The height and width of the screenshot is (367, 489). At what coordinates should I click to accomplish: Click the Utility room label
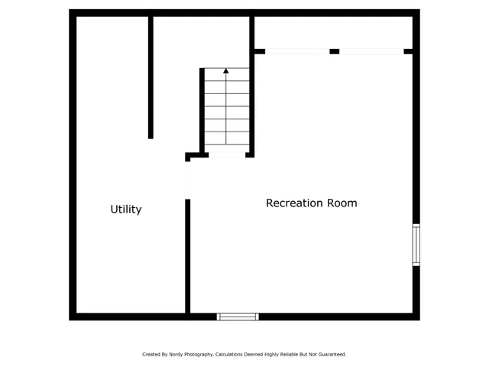pos(126,209)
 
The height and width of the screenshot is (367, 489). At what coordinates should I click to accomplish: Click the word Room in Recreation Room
pos(342,203)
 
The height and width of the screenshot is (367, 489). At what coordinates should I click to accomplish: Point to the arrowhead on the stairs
pos(226,71)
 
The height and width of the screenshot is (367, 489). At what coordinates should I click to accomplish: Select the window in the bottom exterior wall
pos(238,317)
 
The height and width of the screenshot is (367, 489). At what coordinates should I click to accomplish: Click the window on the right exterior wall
pos(416,245)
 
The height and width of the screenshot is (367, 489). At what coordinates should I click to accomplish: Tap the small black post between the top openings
pos(335,51)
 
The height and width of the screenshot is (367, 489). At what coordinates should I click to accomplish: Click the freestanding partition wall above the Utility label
pos(151,76)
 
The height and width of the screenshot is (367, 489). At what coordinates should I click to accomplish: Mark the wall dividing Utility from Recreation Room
pos(187,256)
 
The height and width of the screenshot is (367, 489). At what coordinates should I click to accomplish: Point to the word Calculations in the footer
pos(232,355)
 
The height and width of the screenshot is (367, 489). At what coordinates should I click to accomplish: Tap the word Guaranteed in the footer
pos(330,355)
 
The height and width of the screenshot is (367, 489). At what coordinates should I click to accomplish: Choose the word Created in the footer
pos(151,355)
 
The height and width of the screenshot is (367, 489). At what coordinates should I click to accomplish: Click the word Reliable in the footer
pos(290,355)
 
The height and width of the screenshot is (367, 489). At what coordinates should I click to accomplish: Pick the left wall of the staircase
pos(202,111)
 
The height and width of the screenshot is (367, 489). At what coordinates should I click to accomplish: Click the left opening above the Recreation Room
pos(297,51)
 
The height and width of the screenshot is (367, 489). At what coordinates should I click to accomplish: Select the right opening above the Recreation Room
pos(371,51)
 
